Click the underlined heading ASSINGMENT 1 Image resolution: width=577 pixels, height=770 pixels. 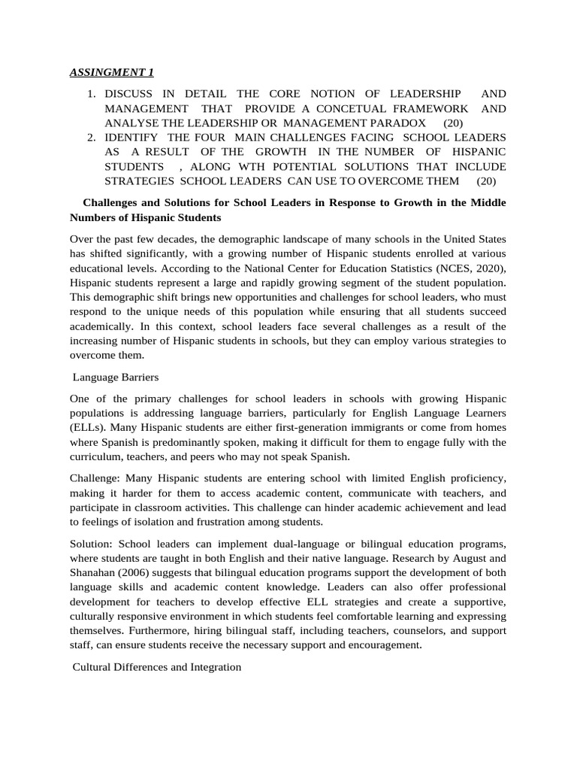click(x=111, y=72)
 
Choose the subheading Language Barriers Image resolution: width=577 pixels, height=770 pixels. click(x=116, y=377)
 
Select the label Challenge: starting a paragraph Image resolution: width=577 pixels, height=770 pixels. click(x=95, y=478)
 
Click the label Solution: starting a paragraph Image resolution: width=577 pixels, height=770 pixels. click(x=92, y=544)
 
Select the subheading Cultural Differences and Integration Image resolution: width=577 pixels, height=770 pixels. click(x=156, y=666)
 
